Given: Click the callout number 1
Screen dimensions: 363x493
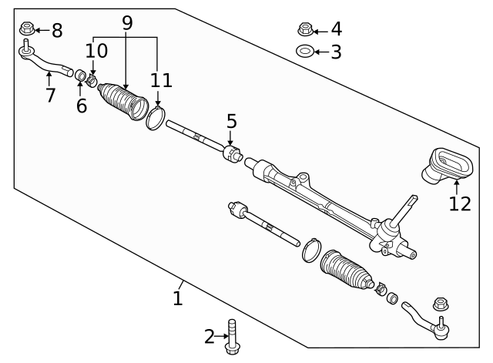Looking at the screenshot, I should tap(178, 297).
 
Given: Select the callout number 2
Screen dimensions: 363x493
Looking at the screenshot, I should tap(209, 336).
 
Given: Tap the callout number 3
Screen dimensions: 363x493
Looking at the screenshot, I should tap(336, 52).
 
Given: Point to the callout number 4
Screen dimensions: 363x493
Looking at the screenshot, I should tap(336, 30).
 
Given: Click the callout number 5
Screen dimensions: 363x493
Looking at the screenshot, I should tap(231, 121).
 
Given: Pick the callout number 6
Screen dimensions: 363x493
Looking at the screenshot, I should tap(82, 106).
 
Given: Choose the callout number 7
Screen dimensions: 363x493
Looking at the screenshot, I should tap(50, 96).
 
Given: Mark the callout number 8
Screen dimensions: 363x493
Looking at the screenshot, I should tap(56, 32).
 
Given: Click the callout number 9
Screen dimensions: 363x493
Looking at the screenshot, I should tap(127, 23).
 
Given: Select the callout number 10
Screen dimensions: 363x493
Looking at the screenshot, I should tap(96, 51).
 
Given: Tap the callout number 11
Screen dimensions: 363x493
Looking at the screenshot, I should tap(162, 80).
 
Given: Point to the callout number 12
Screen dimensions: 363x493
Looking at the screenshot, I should tap(459, 203).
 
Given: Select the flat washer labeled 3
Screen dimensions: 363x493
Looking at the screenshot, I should tap(304, 52).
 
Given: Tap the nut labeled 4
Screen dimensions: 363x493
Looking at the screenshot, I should tap(304, 30).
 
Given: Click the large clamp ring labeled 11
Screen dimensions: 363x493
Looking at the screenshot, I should tap(155, 119).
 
